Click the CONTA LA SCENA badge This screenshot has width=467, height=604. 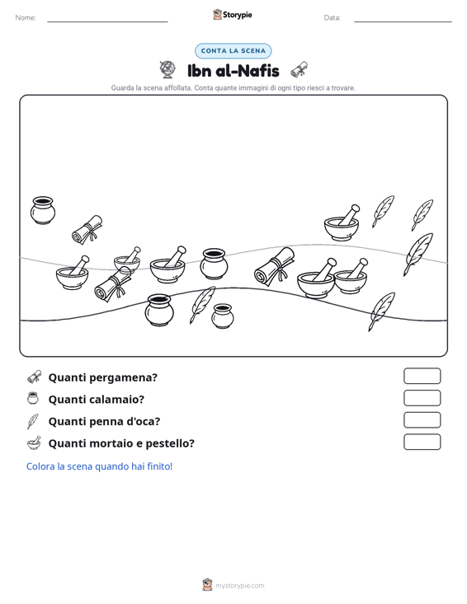(233, 51)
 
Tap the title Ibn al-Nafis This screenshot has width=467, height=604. (233, 71)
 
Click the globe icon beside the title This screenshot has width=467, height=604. (167, 70)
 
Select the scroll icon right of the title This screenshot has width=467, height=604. (300, 70)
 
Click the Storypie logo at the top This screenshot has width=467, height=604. (233, 15)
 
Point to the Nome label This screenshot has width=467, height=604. (26, 18)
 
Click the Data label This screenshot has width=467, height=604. (332, 18)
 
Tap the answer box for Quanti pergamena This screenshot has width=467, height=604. (422, 376)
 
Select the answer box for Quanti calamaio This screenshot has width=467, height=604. (422, 398)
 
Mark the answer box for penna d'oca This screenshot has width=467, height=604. (422, 420)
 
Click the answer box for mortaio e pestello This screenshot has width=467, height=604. (422, 442)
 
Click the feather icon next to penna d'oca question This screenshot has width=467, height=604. (33, 421)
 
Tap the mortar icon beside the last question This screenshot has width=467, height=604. (34, 443)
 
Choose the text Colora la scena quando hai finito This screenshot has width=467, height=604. (99, 466)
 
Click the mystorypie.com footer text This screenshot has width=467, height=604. (239, 586)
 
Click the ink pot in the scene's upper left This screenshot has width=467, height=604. (43, 210)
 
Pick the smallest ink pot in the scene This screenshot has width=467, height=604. (223, 316)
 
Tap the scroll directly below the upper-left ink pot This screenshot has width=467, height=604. (87, 230)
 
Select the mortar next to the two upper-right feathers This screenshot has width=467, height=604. (342, 224)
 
